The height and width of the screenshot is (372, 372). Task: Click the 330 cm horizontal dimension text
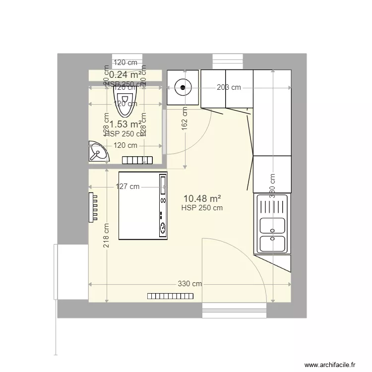(190, 284)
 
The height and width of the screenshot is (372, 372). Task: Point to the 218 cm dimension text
(106, 236)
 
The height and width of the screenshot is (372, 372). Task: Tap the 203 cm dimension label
(229, 87)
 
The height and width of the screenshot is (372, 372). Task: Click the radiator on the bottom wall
(170, 296)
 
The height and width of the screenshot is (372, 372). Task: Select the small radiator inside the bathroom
(137, 160)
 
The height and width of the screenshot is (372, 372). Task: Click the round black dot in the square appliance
(183, 88)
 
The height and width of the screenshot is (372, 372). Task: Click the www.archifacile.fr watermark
(331, 364)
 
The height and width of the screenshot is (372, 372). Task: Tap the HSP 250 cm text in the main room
(202, 208)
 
